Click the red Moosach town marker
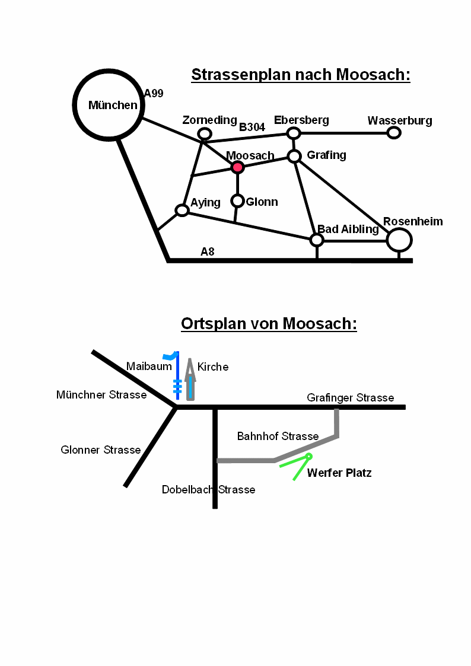tap(237, 167)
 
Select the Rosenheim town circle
tap(399, 240)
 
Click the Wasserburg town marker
tap(394, 132)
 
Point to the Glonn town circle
tap(237, 201)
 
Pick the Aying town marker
tap(182, 210)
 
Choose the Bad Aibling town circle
tap(317, 240)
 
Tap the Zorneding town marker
tap(204, 133)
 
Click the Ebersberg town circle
tap(294, 133)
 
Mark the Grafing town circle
tap(294, 157)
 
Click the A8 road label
tap(207, 251)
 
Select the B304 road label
tap(252, 127)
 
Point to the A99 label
tap(154, 93)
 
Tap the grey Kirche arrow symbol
tap(190, 380)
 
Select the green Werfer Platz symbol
tap(300, 466)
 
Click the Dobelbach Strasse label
tap(208, 490)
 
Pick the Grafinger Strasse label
tap(350, 398)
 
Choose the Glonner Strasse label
tap(101, 450)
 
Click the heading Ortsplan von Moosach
tap(269, 324)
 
